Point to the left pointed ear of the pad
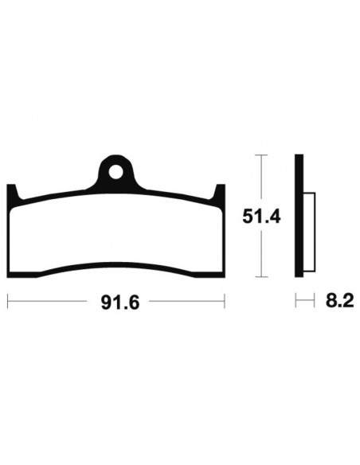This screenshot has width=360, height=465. [12, 193]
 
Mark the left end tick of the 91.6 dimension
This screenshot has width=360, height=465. [7, 302]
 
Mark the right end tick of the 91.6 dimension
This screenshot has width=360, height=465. [225, 302]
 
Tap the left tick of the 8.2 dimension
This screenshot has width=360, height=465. [296, 302]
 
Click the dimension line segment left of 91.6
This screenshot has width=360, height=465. [48, 302]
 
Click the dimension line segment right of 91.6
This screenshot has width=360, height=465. [187, 302]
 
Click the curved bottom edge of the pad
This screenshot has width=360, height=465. [117, 265]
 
